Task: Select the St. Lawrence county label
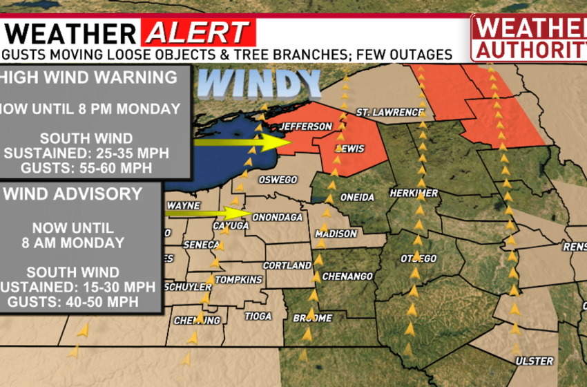(x=389, y=112)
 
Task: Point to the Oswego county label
(x=278, y=180)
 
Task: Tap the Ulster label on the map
(x=534, y=361)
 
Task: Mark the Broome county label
(x=313, y=318)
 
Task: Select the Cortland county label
(x=288, y=265)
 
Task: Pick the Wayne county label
(x=183, y=205)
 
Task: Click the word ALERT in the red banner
(x=198, y=32)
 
